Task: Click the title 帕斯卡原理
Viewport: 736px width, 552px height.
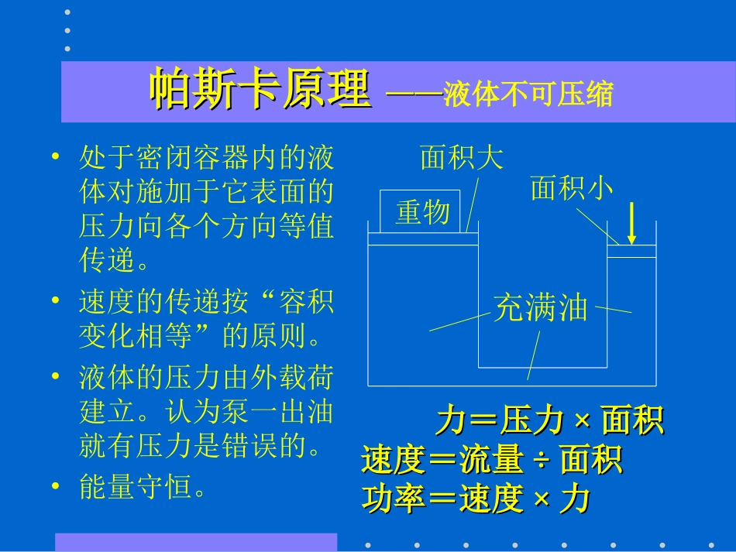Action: pyautogui.click(x=260, y=91)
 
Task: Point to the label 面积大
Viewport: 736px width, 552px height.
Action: pyautogui.click(x=462, y=157)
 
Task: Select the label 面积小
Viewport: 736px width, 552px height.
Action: pyautogui.click(x=572, y=188)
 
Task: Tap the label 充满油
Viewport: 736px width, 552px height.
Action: pyautogui.click(x=541, y=309)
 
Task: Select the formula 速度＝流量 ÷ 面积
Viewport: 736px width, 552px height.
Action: pyautogui.click(x=492, y=461)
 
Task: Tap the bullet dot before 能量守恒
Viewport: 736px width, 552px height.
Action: pyautogui.click(x=55, y=486)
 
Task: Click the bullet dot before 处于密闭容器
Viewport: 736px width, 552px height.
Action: pyautogui.click(x=55, y=157)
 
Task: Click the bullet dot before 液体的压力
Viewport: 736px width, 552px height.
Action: pyautogui.click(x=55, y=377)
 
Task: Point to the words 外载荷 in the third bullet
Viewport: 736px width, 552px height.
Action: pyautogui.click(x=291, y=378)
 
